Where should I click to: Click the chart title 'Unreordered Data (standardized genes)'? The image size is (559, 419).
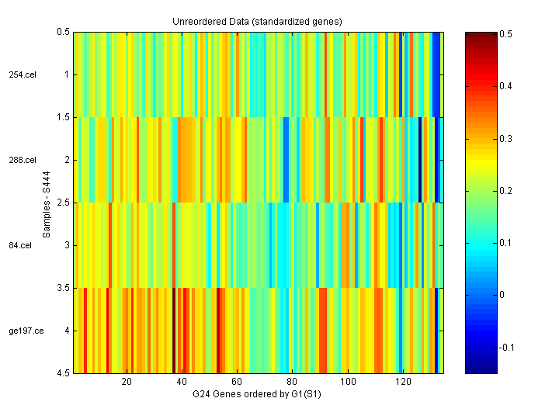pos(257,21)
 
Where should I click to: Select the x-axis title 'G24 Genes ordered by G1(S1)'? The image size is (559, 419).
pos(257,395)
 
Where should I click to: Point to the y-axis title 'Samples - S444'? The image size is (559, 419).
pos(46,203)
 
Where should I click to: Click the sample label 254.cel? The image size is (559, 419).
pos(23,74)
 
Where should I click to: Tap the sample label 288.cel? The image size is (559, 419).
pos(23,160)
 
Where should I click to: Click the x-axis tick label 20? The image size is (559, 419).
pos(127,383)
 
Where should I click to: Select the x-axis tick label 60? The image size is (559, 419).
pos(238,383)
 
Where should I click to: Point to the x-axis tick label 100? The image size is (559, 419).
pos(348,383)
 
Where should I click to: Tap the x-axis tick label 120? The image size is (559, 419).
pos(403,383)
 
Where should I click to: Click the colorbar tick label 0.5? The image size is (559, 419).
pos(505,34)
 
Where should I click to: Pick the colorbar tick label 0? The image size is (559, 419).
pos(501,295)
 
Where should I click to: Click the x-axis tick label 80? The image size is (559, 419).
pos(293,383)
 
